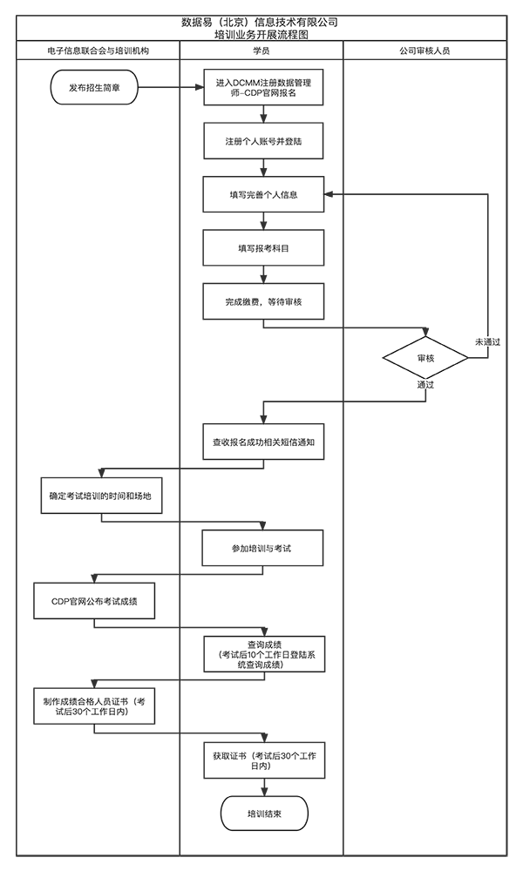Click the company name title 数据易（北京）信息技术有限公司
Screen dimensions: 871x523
259,21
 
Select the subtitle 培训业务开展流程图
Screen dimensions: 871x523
259,35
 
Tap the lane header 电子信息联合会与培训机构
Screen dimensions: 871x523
98,51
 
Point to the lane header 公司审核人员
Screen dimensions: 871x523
425,51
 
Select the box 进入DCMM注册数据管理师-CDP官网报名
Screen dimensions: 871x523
263,87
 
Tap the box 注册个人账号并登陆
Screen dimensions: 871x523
263,140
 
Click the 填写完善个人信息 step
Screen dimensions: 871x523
263,194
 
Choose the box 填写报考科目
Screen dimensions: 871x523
263,247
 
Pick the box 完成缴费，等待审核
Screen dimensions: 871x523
263,301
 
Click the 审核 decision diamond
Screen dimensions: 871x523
425,358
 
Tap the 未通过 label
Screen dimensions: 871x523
486,342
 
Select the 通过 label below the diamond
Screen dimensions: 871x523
425,385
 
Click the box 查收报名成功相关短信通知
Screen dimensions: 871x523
263,442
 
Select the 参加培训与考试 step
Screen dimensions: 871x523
263,548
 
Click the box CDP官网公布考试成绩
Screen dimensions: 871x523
93,601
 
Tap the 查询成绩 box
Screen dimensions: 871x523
263,654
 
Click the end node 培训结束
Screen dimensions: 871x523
263,814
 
